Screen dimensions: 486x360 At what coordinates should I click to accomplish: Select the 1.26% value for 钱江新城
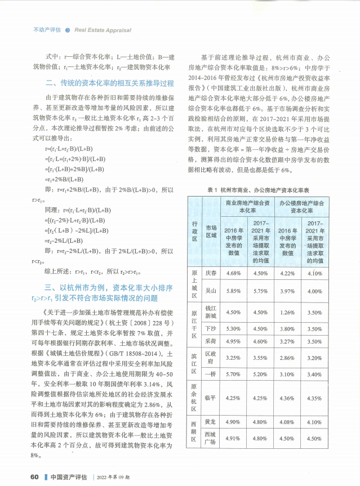point(287,312)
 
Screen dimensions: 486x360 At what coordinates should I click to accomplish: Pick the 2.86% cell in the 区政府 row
point(287,357)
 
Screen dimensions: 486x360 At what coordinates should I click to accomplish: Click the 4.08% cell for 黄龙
point(287,421)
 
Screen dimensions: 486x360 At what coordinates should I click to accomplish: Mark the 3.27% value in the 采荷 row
point(287,341)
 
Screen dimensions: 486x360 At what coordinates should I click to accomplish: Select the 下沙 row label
point(211,328)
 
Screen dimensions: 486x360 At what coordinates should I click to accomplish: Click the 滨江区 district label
point(193,365)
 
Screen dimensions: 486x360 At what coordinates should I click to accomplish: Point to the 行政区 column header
point(193,230)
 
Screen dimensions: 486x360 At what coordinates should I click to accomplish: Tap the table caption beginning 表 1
point(262,190)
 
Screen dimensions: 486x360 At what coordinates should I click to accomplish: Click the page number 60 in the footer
point(34,476)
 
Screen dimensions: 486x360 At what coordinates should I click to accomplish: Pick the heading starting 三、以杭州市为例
point(105,291)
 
